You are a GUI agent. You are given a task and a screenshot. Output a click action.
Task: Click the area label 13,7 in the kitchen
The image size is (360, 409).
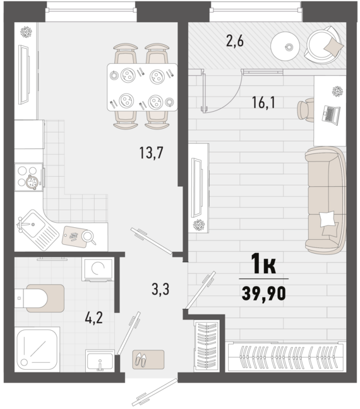151,153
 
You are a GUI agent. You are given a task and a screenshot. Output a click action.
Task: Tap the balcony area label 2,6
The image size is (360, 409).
235,41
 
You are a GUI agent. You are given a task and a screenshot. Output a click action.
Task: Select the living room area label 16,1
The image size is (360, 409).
263,102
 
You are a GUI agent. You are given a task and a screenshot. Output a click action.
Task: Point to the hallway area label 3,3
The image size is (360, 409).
160,290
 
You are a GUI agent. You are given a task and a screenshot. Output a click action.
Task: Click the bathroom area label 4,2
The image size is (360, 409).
93,317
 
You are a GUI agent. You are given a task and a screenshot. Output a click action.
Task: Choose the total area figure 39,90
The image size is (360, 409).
263,293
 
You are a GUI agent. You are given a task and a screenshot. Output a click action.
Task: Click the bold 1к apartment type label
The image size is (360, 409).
263,264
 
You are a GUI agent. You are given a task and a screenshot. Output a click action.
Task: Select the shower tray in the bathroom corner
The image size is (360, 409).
37,349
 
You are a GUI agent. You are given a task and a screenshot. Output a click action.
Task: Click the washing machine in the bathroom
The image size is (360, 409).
98,269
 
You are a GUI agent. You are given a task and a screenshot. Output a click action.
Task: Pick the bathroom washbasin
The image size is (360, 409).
100,361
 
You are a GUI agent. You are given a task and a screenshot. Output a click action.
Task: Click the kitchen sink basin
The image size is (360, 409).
32,224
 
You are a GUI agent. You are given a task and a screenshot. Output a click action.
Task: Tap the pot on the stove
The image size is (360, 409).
32,182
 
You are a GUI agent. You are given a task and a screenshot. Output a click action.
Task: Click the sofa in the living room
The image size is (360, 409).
326,200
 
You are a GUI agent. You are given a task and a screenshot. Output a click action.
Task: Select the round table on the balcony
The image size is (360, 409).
285,47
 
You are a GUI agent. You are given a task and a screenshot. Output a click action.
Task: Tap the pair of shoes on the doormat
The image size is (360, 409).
141,360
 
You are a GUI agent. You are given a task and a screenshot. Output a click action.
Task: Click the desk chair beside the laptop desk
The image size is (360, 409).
306,110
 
